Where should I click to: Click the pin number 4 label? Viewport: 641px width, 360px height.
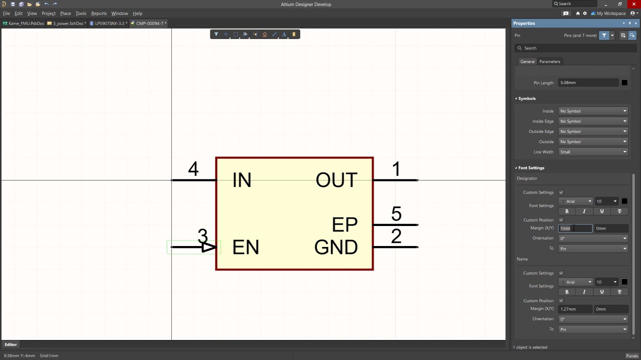click(193, 169)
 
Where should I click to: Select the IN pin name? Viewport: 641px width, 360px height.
click(242, 180)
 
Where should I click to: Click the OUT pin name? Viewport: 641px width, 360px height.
click(337, 180)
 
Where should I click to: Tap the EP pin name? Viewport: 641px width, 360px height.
click(345, 225)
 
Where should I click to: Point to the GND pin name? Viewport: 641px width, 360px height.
click(336, 247)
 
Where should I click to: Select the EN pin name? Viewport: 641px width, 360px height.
click(245, 247)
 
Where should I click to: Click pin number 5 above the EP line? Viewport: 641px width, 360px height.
click(396, 214)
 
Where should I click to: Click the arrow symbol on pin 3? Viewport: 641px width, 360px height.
click(209, 247)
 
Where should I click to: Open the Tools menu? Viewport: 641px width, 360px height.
click(81, 13)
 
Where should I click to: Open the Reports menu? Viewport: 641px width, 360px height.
click(99, 13)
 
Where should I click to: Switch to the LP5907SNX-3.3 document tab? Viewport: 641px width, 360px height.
click(110, 23)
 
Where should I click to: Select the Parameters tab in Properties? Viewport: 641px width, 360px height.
click(549, 61)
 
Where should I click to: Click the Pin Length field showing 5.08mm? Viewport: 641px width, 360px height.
click(588, 82)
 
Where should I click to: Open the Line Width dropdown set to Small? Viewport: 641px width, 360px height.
click(593, 152)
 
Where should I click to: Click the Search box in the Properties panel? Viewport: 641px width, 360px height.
click(576, 48)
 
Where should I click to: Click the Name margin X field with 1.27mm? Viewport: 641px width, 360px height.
click(575, 309)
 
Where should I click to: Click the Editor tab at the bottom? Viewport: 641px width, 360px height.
click(11, 344)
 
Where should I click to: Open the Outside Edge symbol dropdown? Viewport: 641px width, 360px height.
click(593, 131)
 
